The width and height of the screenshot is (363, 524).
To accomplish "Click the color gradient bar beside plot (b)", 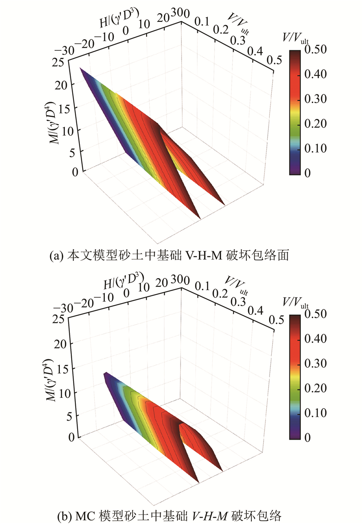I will coord(295,377).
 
